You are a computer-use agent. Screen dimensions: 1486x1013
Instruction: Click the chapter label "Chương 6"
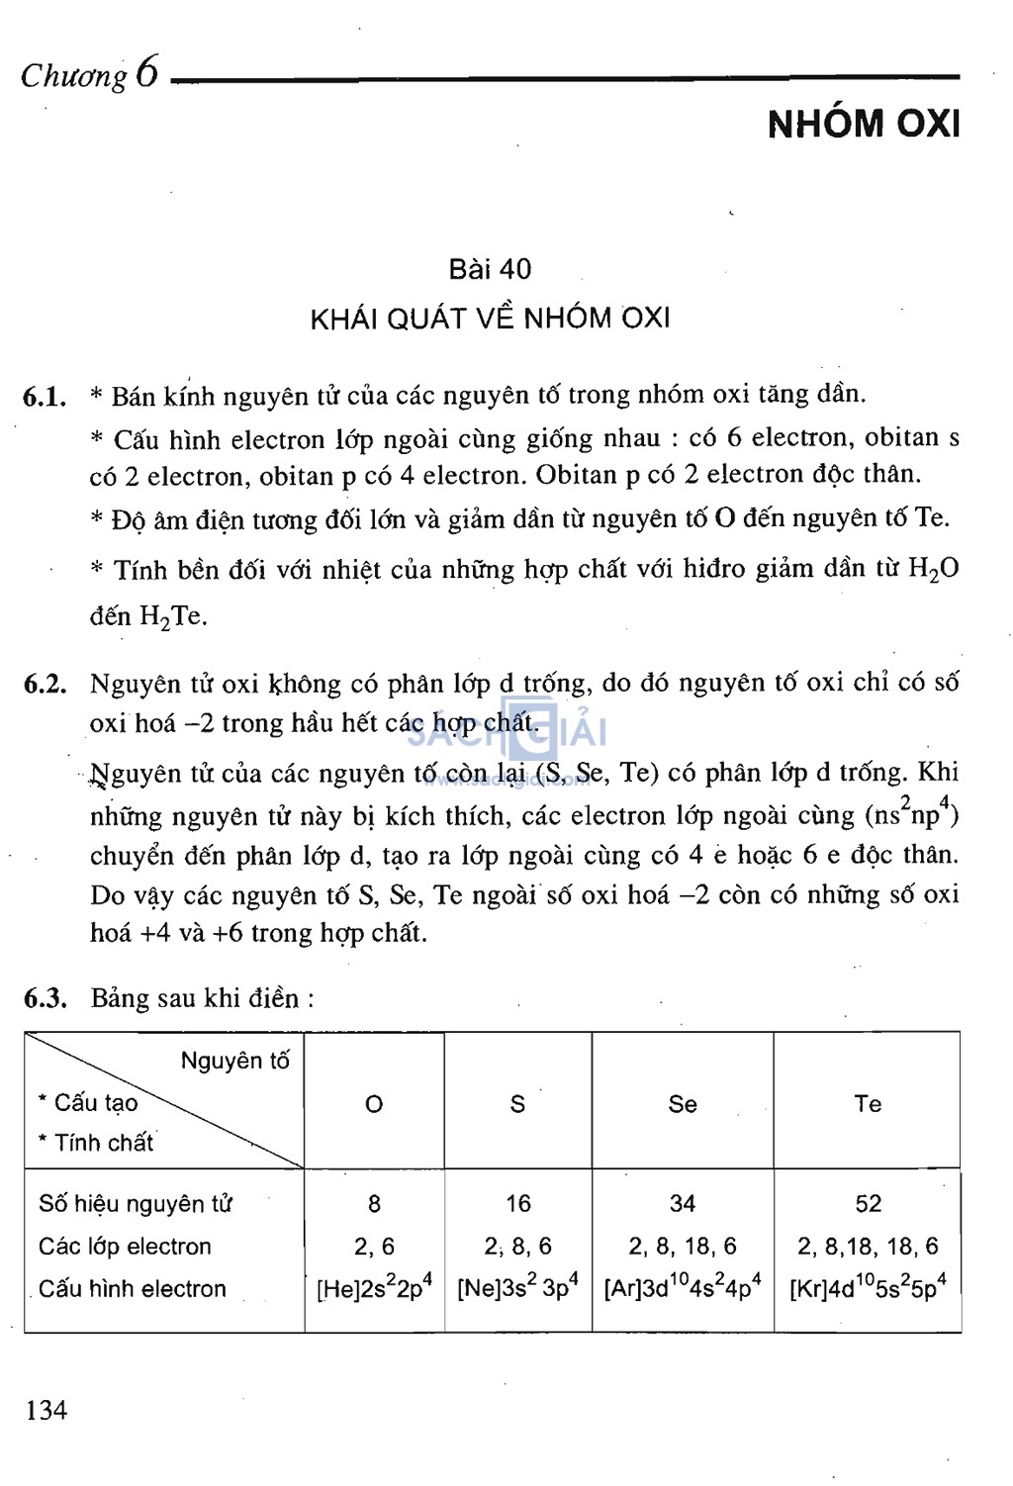[x=89, y=74]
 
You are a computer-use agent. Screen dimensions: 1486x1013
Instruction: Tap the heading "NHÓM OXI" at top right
[x=864, y=124]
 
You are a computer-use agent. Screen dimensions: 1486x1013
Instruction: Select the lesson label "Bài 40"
[x=490, y=269]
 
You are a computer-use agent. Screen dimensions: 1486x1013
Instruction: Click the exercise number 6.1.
[x=45, y=398]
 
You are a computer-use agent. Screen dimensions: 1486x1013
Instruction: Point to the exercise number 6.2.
[x=45, y=685]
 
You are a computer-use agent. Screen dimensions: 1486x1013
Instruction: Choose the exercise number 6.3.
[x=45, y=998]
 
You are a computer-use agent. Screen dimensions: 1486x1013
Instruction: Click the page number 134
[x=46, y=1410]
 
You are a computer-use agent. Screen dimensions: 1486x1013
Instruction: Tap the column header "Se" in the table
[x=683, y=1104]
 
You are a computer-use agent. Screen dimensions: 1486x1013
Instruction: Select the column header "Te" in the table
[x=868, y=1104]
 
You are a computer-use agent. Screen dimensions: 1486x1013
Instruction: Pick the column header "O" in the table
[x=374, y=1104]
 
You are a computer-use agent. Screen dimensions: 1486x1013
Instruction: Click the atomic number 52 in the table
[x=868, y=1204]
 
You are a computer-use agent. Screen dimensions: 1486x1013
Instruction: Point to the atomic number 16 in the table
[x=518, y=1204]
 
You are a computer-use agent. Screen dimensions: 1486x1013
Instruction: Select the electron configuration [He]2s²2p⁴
[x=374, y=1288]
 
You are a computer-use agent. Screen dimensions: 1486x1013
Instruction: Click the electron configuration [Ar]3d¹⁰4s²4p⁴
[x=683, y=1288]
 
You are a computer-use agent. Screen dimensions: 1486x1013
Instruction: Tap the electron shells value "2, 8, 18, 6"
[x=683, y=1247]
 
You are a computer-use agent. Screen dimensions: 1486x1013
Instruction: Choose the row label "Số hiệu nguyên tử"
[x=136, y=1204]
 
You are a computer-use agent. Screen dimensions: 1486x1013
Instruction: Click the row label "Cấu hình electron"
[x=133, y=1289]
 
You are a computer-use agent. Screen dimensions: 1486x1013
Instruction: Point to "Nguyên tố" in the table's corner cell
[x=234, y=1062]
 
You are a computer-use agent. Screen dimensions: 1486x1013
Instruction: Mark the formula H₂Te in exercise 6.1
[x=173, y=617]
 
